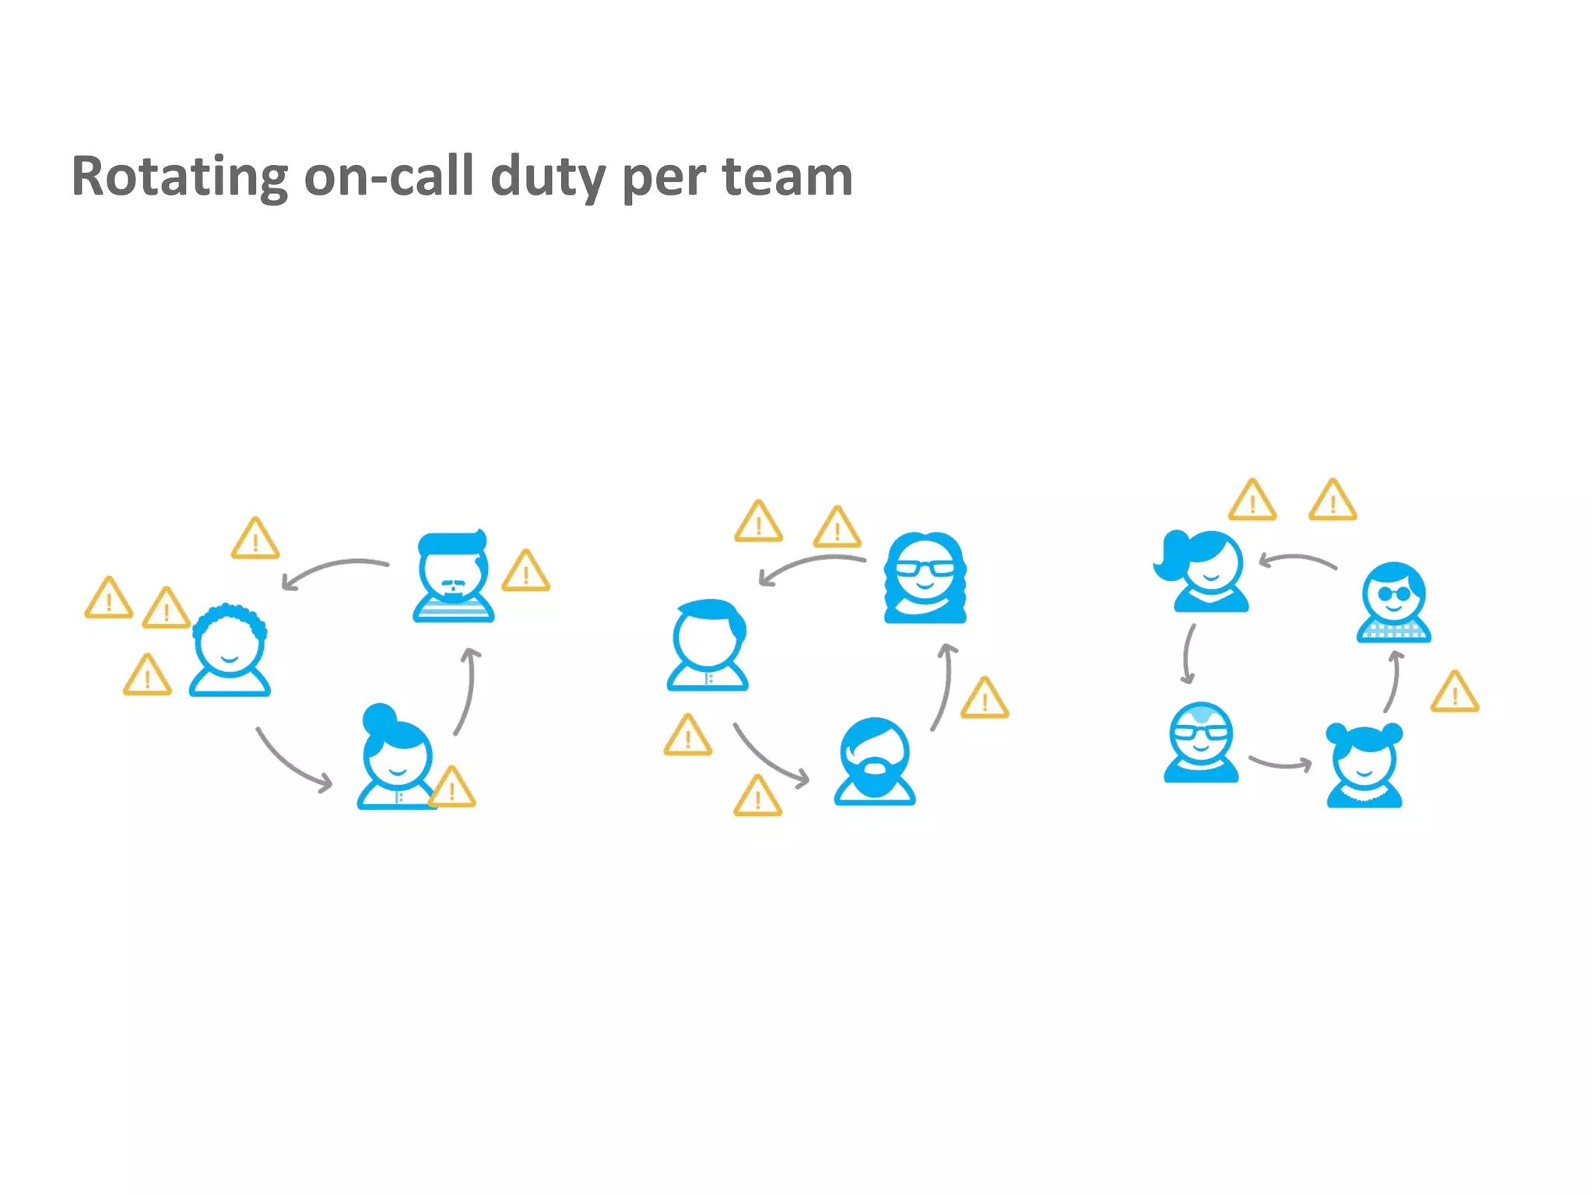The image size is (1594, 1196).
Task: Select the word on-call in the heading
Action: tap(388, 177)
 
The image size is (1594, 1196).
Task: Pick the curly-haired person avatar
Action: tap(230, 650)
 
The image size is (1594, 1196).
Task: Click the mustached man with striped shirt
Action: tap(454, 577)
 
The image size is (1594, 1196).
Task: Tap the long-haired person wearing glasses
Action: tap(925, 578)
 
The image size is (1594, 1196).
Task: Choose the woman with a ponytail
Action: tap(1203, 571)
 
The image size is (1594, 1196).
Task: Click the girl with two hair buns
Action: tap(1364, 765)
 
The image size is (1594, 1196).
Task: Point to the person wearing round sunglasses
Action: tap(1394, 602)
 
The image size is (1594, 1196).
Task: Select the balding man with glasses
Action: tap(1201, 742)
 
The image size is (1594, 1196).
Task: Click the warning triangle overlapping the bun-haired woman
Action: tap(451, 787)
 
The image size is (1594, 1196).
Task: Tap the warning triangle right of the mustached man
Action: tap(526, 572)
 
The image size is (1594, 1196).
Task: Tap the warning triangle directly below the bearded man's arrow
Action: tap(757, 797)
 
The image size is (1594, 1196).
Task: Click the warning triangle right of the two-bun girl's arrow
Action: tap(1455, 692)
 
